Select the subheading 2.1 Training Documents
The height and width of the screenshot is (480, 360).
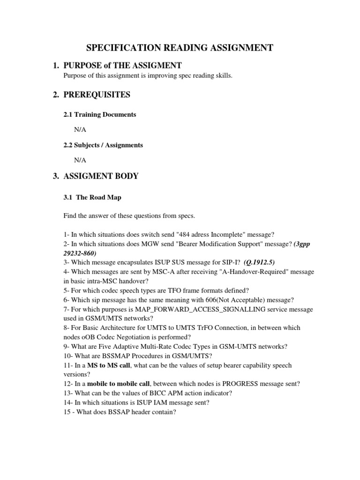pos(100,115)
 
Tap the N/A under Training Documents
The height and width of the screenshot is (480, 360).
pos(80,130)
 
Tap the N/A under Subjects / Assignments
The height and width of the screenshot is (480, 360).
pos(80,160)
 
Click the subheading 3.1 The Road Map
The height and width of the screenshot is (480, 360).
pos(92,197)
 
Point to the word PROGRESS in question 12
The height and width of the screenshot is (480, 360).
pos(230,383)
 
